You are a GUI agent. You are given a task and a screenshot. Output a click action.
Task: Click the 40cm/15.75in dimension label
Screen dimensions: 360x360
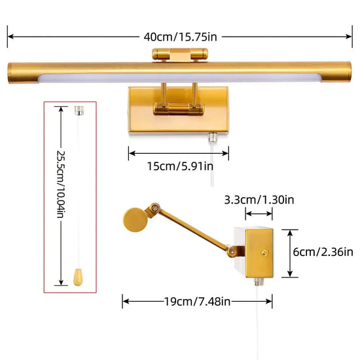click(180, 37)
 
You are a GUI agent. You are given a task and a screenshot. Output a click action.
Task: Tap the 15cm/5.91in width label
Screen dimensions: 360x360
click(180, 166)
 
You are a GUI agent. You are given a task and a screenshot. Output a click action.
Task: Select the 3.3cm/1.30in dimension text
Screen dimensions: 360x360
click(259, 200)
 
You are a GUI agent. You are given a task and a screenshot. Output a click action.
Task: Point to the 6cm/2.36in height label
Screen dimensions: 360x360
click(323, 252)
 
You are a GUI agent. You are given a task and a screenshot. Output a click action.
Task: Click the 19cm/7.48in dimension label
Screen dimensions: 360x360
click(198, 302)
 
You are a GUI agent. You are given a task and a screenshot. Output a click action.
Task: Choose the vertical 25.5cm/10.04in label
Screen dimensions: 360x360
click(61, 184)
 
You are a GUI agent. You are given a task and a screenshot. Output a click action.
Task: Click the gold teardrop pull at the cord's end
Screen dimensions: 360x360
click(78, 277)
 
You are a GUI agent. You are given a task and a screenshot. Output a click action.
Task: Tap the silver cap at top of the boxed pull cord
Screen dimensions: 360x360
click(79, 111)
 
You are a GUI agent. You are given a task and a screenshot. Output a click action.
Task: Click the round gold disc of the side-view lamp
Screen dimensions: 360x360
click(135, 220)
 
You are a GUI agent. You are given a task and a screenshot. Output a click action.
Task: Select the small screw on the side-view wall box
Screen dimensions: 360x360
click(265, 253)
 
